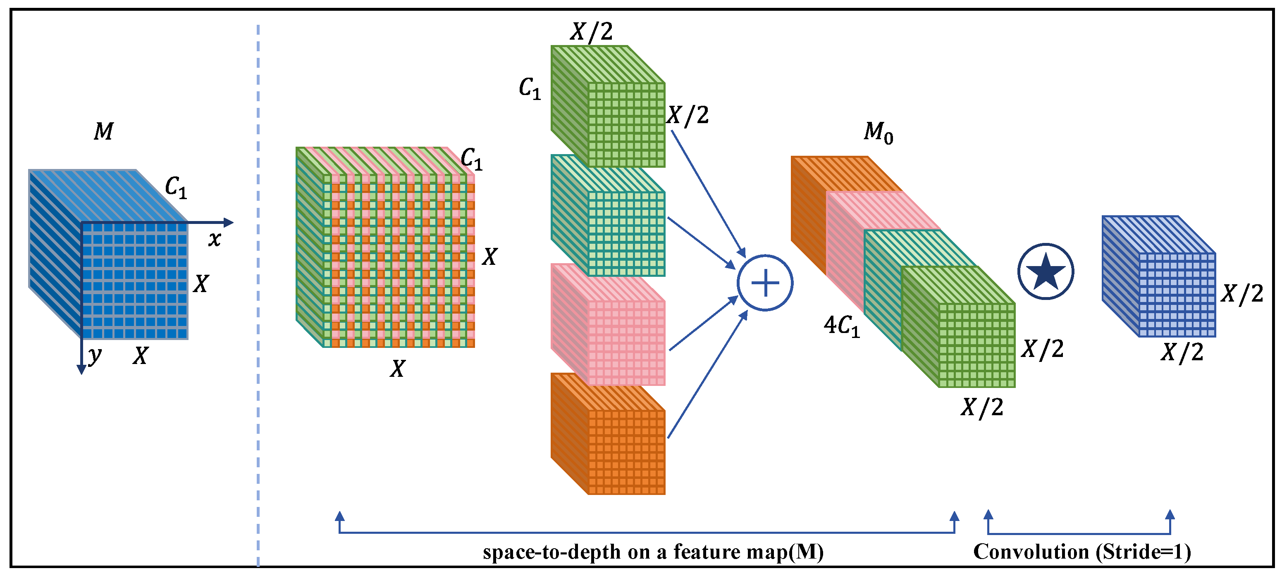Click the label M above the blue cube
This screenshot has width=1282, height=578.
103,131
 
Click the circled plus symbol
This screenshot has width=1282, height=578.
764,283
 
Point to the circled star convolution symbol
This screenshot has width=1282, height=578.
1046,271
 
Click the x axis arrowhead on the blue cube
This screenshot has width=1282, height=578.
229,222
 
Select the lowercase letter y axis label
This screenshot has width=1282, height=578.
95,355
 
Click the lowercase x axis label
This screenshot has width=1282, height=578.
215,239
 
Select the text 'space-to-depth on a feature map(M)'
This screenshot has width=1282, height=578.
653,552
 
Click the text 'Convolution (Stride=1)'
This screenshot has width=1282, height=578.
1082,552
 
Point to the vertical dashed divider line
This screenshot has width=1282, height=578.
258,298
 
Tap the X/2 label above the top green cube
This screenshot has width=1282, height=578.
591,32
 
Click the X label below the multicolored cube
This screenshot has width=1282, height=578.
397,369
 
